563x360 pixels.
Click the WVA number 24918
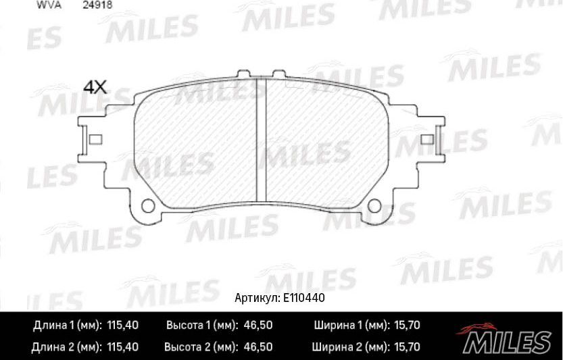[98, 3]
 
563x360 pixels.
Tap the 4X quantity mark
[95, 87]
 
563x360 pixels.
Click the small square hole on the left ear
[95, 140]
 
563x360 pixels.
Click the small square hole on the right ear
[427, 140]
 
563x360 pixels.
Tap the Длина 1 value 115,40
[123, 326]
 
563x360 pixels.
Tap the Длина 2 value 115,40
[123, 348]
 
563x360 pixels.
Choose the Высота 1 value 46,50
[258, 326]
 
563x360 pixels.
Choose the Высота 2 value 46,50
[258, 348]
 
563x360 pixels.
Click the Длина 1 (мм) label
[67, 326]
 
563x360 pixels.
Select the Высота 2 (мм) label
[200, 348]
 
